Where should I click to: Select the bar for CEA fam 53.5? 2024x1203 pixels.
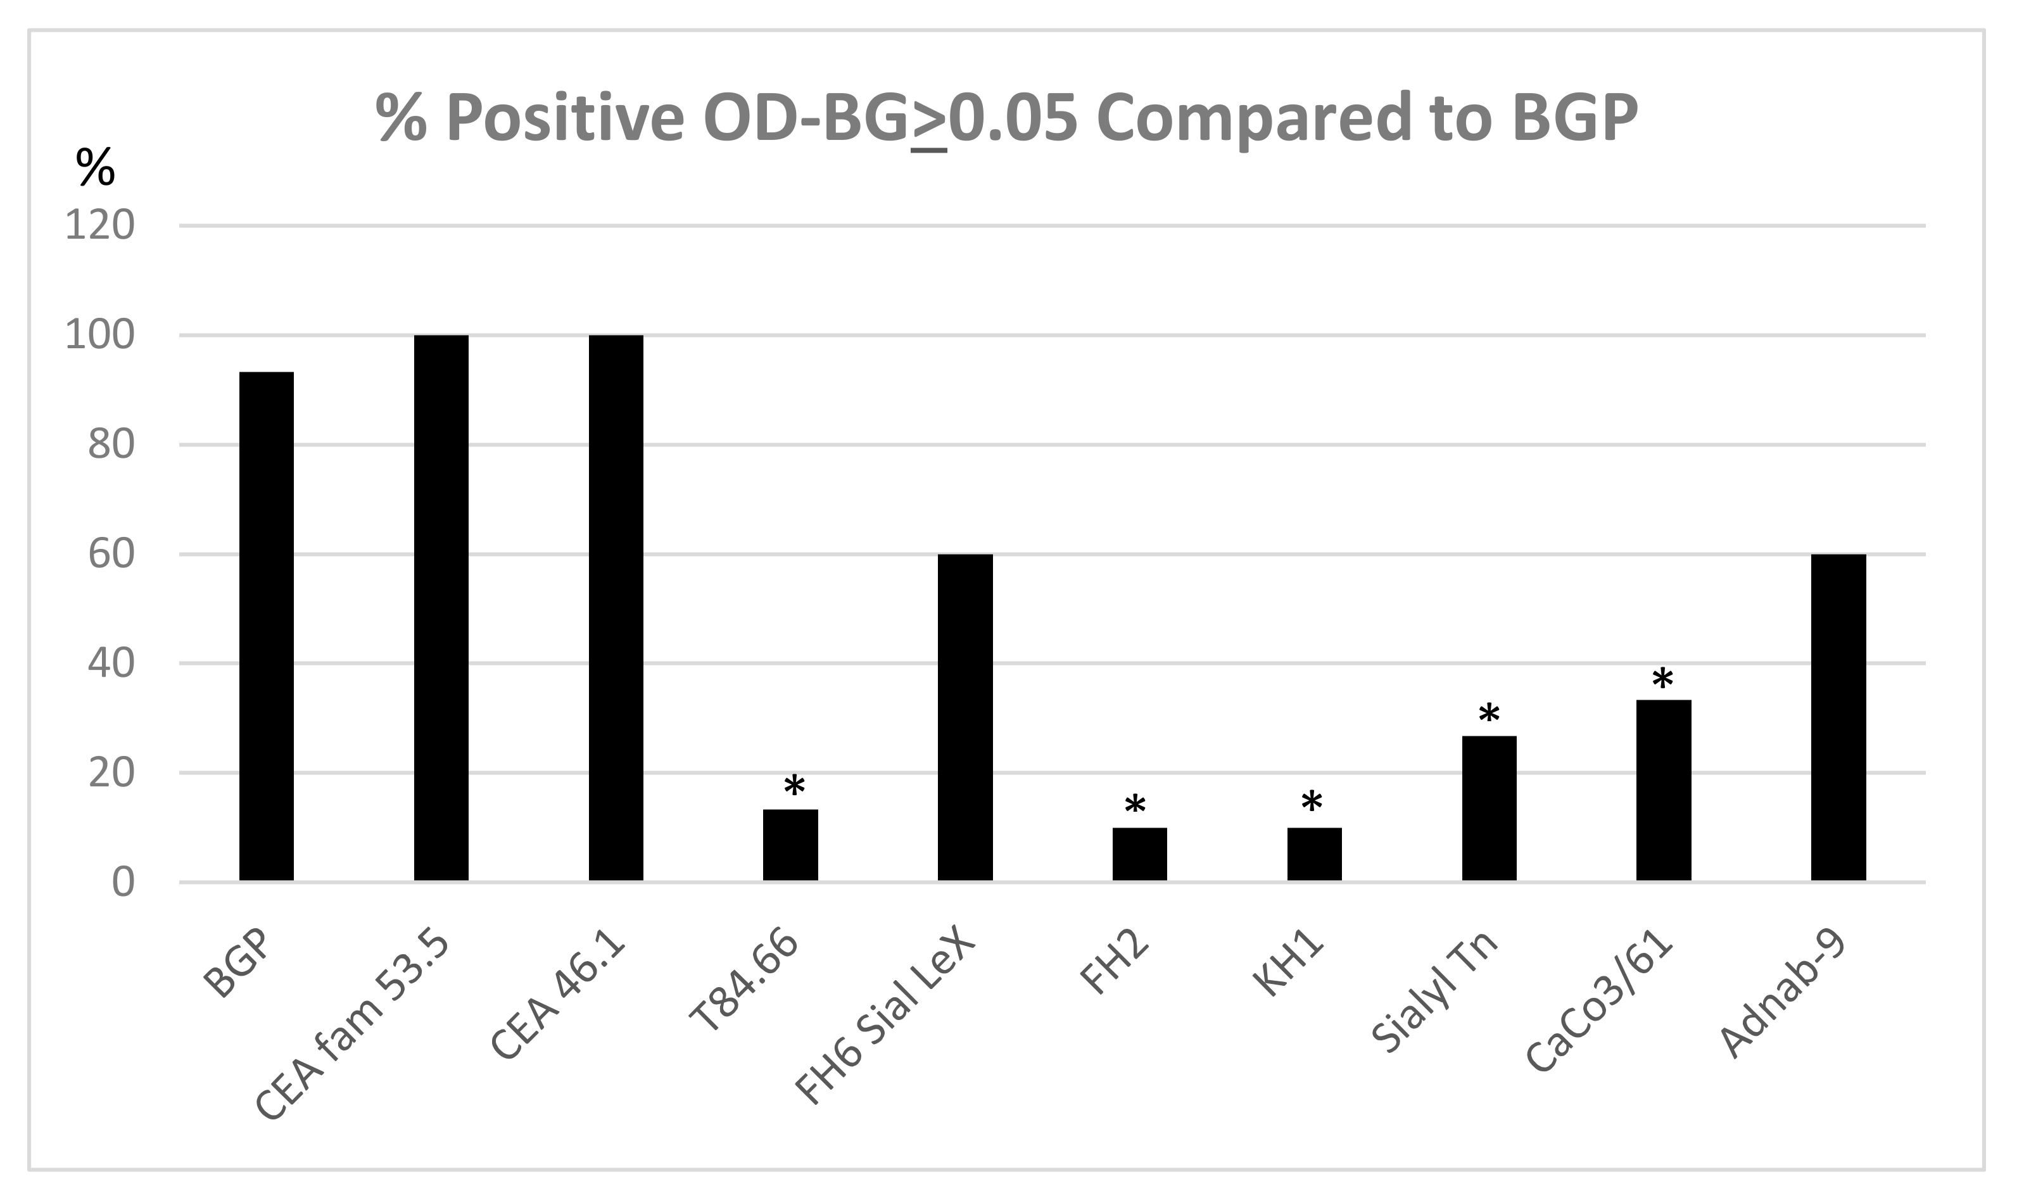point(441,607)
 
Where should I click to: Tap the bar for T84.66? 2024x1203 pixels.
point(790,845)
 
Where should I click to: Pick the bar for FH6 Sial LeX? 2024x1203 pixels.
point(965,717)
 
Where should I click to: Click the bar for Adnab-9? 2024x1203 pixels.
point(1838,717)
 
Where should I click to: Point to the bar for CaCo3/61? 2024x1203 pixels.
point(1663,790)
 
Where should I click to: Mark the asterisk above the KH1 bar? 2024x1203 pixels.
point(1312,804)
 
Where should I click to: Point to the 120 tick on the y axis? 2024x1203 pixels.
point(99,225)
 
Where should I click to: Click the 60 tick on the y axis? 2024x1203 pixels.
point(110,555)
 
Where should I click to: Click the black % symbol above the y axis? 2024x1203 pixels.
point(95,167)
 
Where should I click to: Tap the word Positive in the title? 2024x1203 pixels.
point(565,118)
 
